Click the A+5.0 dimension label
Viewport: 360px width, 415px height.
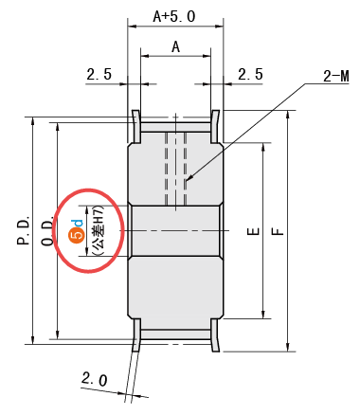174,16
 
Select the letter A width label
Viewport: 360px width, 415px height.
175,47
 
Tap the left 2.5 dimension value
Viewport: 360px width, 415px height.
99,74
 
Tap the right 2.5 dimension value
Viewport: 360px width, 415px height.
250,74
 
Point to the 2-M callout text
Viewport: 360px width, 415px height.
336,77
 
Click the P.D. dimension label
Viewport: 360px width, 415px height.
24,230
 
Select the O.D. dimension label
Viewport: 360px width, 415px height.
47,230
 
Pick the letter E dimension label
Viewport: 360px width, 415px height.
253,231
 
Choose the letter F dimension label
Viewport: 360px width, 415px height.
278,231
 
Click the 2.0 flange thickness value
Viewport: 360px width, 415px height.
95,379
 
